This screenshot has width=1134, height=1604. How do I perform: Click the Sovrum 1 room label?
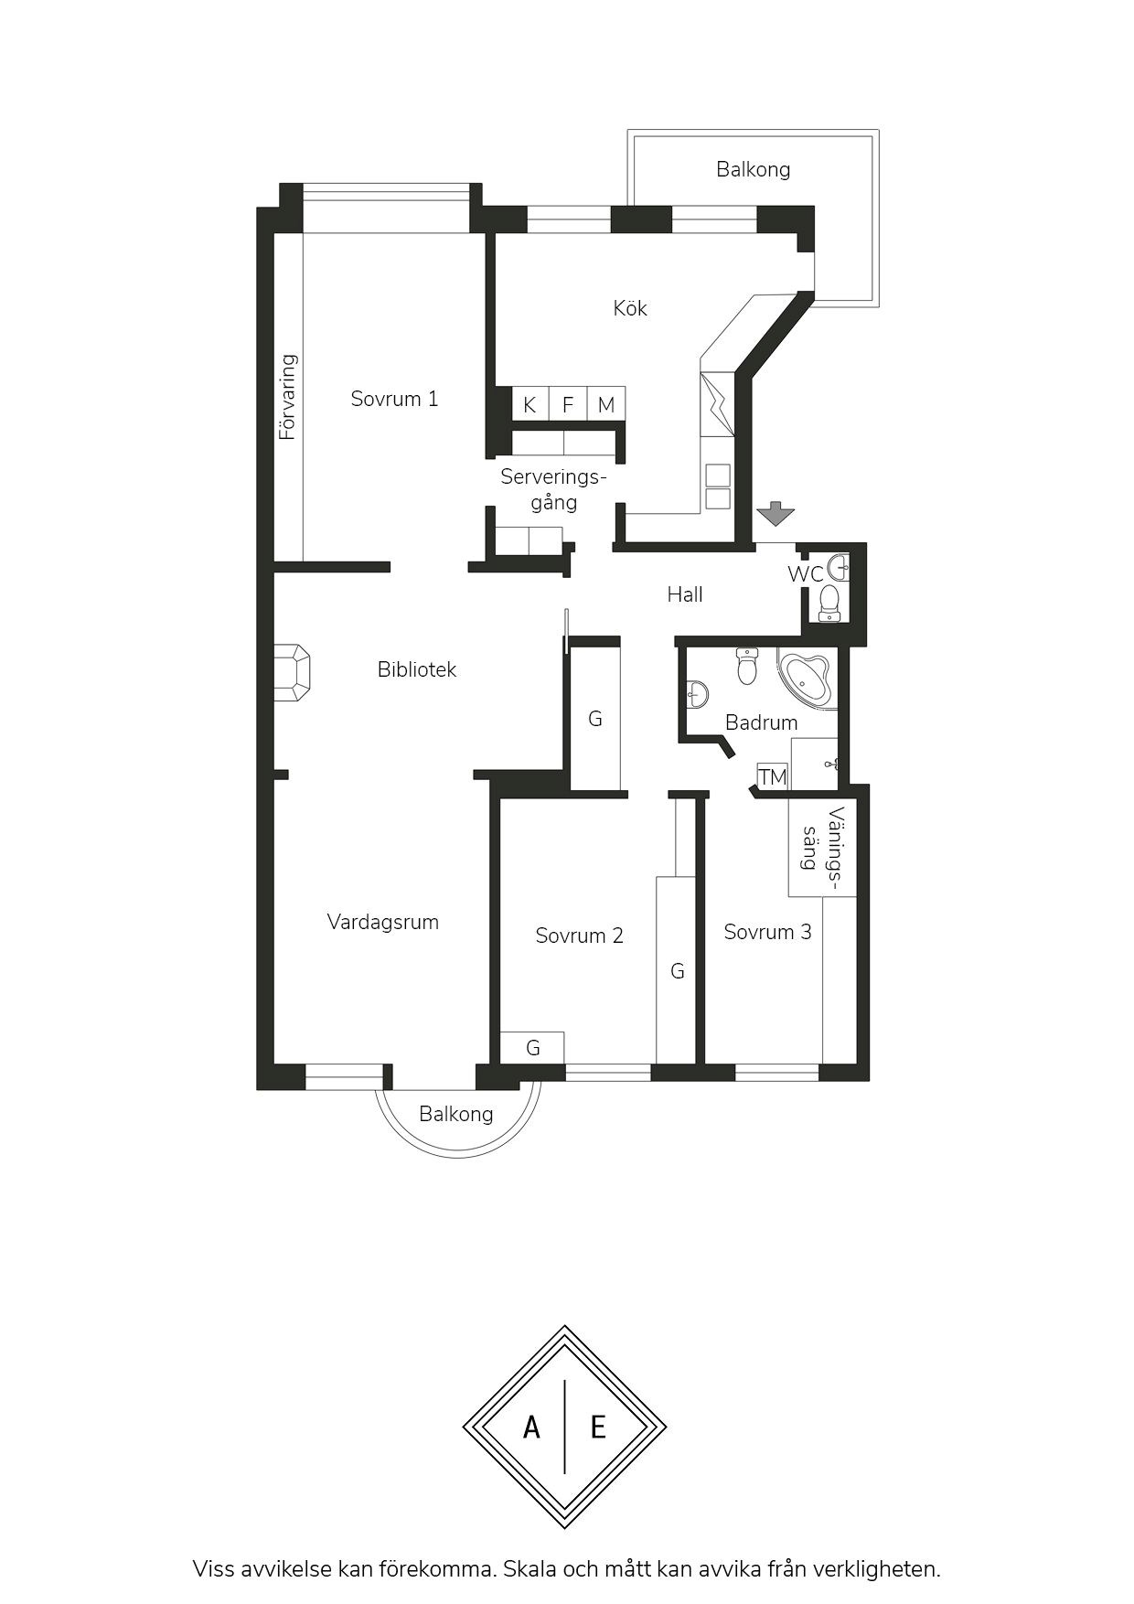click(394, 399)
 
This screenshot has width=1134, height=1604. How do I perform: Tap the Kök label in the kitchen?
click(630, 308)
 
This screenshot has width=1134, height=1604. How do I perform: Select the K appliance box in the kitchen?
click(530, 404)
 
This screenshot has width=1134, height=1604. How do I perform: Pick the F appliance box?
click(568, 404)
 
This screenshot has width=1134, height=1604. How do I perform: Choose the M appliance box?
click(606, 404)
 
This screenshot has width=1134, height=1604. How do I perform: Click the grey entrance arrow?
click(776, 514)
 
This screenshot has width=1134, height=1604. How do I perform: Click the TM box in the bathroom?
click(773, 776)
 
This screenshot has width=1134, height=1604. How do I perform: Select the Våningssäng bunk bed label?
click(822, 850)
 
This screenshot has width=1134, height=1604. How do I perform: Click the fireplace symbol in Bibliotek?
click(292, 673)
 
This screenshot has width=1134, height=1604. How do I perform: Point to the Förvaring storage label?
click(288, 397)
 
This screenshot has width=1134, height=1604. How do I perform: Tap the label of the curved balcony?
click(455, 1114)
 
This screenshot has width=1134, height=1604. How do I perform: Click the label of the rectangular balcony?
click(753, 169)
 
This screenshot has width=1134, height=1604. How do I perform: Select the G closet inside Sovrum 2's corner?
click(532, 1048)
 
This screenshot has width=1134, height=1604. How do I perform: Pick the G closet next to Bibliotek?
click(595, 719)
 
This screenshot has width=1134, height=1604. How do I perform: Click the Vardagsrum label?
click(383, 922)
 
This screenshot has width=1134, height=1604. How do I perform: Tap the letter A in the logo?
click(531, 1427)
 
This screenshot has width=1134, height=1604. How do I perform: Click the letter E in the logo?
click(598, 1427)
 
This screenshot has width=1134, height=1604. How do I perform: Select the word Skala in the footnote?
click(530, 1569)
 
